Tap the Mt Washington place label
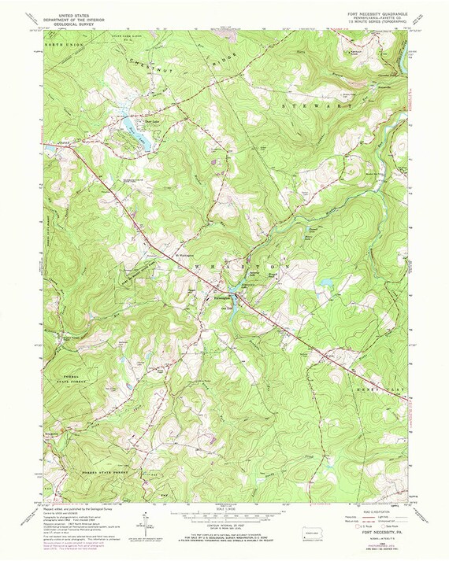(x=184, y=253)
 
